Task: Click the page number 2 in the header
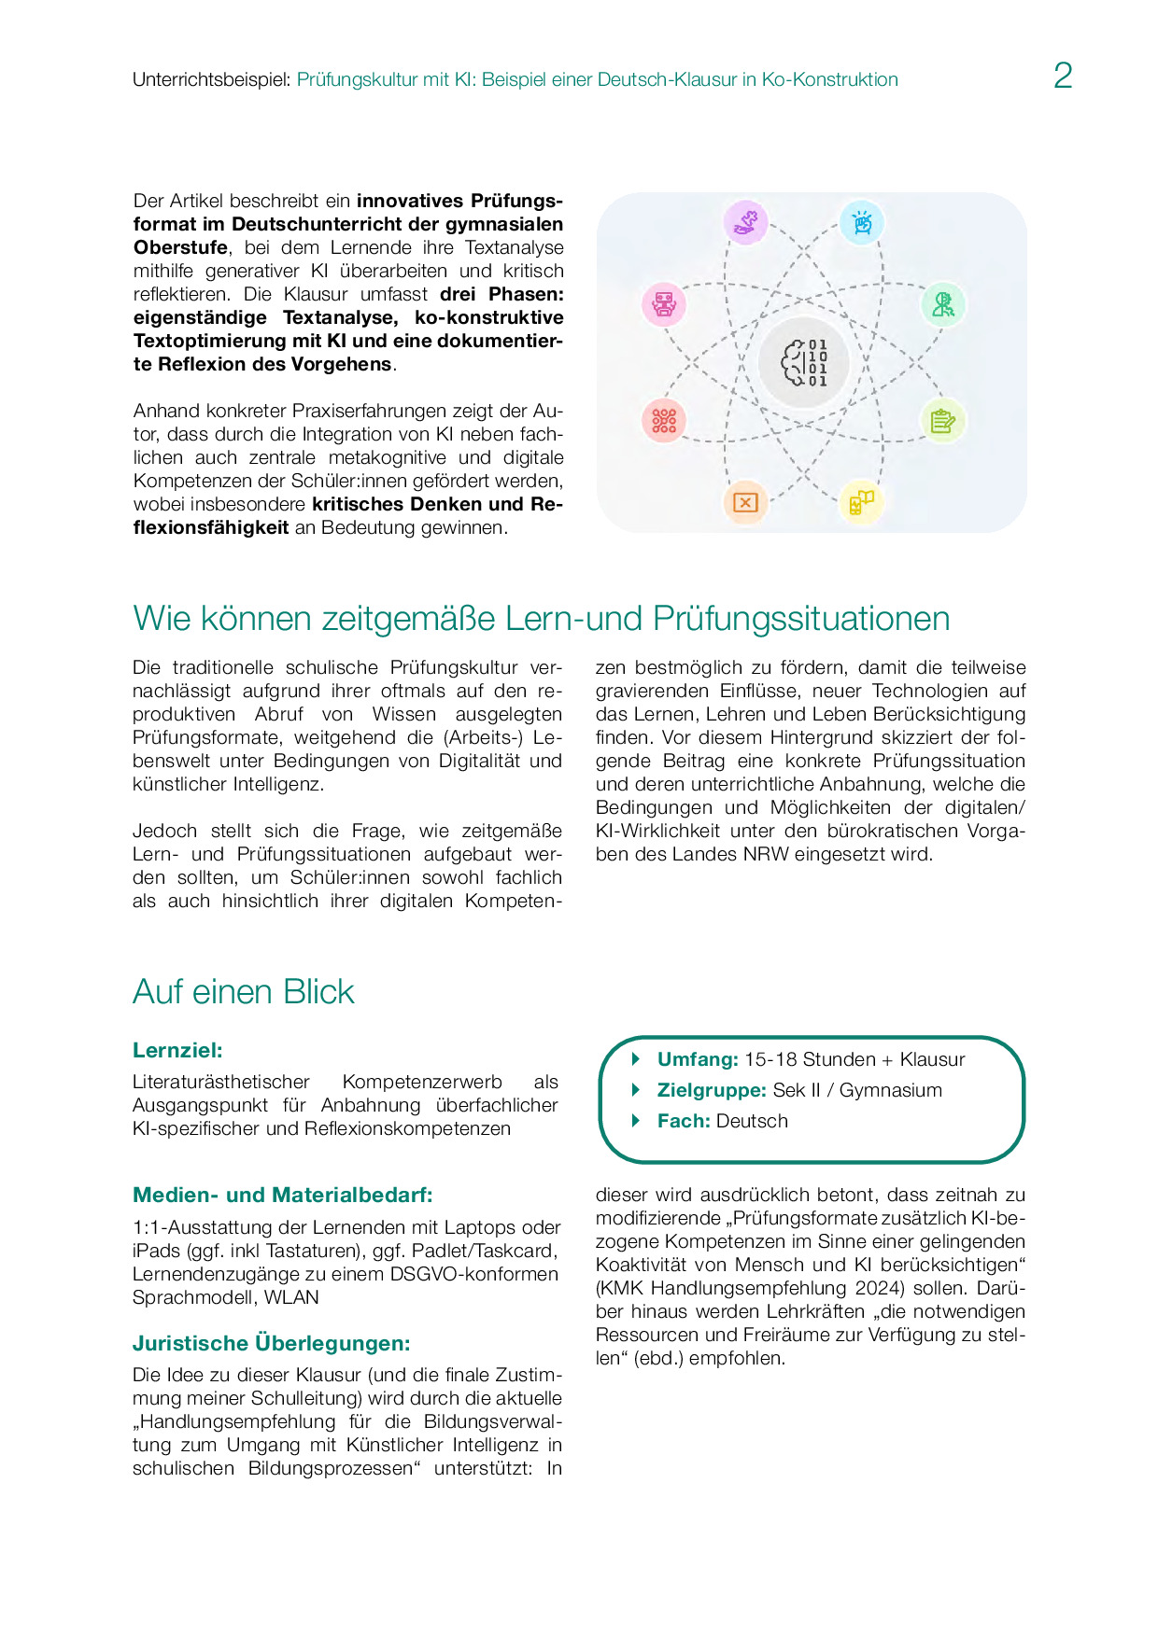1063,76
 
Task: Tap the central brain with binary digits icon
804,362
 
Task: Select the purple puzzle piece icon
745,222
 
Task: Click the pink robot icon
664,304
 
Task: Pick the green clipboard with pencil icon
942,421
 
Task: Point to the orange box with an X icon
745,502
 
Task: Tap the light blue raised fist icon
862,223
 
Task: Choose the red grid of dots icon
664,421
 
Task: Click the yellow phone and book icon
861,502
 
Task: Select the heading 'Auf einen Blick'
244,991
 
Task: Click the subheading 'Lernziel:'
177,1050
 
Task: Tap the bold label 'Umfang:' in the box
698,1059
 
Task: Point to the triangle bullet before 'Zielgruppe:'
636,1089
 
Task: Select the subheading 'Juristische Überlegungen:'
271,1343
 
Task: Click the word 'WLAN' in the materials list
291,1297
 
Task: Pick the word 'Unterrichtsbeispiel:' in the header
212,80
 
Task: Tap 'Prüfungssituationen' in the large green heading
801,619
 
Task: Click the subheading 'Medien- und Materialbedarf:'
282,1195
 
